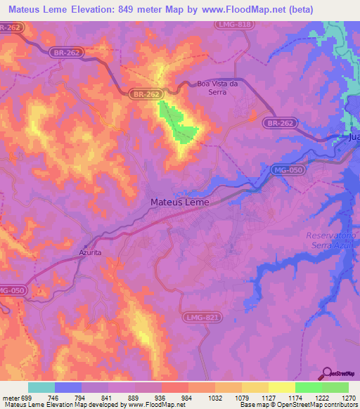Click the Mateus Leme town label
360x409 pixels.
coord(179,202)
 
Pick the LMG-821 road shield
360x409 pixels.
coord(202,318)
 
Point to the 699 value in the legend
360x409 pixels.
coord(22,397)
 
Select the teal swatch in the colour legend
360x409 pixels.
coord(41,387)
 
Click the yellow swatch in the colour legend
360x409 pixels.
coord(282,387)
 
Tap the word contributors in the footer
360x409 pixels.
coord(338,405)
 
